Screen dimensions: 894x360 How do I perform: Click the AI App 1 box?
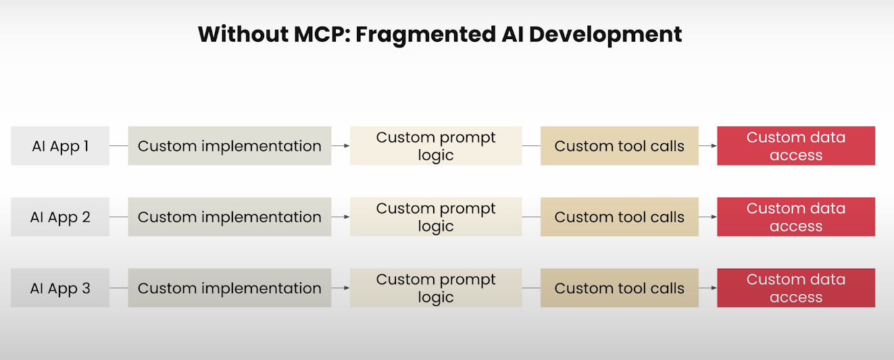tap(60, 146)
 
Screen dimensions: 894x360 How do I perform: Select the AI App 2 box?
tap(60, 217)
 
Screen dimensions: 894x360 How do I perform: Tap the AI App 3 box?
tap(60, 288)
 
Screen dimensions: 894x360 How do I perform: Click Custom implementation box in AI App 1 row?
tap(230, 146)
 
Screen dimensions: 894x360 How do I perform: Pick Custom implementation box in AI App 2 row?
tap(230, 217)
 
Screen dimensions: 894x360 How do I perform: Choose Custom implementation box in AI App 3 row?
tap(230, 288)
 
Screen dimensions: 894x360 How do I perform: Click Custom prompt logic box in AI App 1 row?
tap(436, 146)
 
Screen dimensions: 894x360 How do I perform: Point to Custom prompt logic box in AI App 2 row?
tap(436, 217)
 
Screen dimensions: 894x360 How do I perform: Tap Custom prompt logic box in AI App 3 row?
tap(436, 288)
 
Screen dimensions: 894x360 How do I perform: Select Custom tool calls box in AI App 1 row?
tap(620, 146)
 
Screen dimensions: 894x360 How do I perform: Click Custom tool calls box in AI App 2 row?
tap(620, 217)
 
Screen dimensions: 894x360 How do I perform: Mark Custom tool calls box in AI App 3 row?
tap(620, 288)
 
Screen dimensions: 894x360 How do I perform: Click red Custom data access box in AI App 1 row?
tap(796, 146)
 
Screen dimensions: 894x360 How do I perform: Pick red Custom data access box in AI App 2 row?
tap(796, 217)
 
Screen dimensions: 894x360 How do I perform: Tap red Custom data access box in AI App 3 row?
tap(796, 288)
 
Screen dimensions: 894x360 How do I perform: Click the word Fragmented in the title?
tap(425, 35)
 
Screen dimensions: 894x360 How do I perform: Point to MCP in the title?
tap(322, 34)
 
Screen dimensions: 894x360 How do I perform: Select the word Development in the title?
tap(605, 35)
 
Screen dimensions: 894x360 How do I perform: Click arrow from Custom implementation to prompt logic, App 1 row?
tap(341, 146)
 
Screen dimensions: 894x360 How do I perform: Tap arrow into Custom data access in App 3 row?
tap(708, 288)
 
